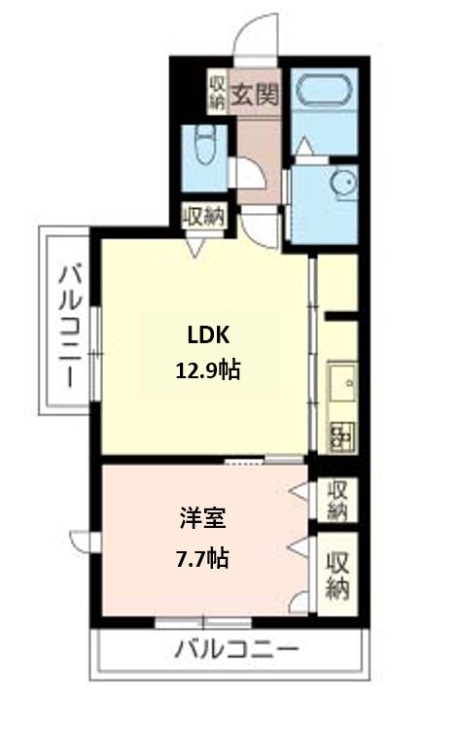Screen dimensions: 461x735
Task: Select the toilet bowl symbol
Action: pos(204,144)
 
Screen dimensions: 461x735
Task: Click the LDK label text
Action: pos(208,335)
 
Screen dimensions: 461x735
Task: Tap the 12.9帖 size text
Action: pos(208,370)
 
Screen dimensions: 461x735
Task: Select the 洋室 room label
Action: pos(203,518)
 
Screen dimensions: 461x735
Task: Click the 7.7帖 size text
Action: pos(202,558)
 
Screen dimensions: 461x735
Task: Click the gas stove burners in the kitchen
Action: pos(342,437)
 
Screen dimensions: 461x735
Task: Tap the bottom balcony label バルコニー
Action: pos(236,650)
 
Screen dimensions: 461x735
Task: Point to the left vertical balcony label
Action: pos(70,327)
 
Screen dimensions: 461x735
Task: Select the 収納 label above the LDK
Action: pos(204,216)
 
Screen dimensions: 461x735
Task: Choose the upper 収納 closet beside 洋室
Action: pos(337,500)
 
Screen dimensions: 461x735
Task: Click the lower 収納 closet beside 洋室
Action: pos(337,575)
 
